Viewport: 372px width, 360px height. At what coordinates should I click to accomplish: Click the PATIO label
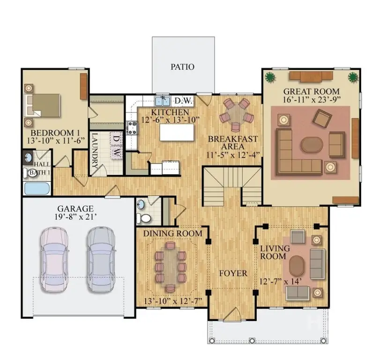click(182, 67)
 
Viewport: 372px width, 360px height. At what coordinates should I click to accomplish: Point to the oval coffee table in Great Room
click(312, 144)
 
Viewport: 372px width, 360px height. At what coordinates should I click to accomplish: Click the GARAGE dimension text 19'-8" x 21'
click(75, 217)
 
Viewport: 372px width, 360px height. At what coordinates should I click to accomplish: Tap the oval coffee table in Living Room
click(297, 266)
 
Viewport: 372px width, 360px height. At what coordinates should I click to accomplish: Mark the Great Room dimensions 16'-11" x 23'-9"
click(311, 99)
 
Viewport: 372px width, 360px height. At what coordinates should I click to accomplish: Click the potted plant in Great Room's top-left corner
click(270, 77)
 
